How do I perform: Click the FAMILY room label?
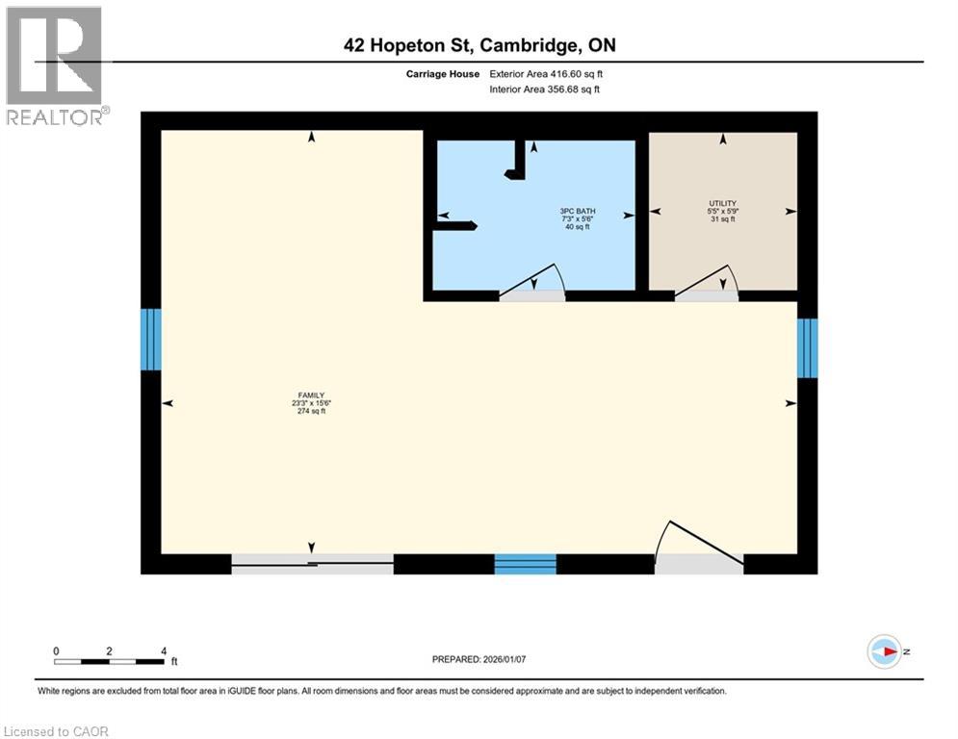click(x=310, y=395)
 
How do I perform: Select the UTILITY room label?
click(x=722, y=203)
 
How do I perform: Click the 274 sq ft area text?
click(x=310, y=412)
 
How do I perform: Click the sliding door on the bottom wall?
click(x=312, y=564)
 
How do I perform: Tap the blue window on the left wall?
click(x=151, y=339)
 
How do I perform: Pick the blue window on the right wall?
click(x=807, y=347)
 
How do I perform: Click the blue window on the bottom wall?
click(x=526, y=564)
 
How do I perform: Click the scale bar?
click(x=109, y=661)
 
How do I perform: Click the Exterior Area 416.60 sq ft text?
click(x=546, y=74)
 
